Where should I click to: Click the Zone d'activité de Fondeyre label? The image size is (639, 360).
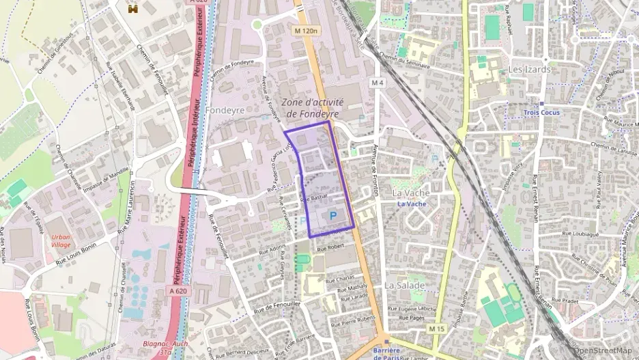coord(312,108)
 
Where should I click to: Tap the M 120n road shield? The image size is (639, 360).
coord(307,31)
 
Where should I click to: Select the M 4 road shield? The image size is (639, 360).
coord(378,83)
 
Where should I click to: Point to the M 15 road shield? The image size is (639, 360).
coord(436,329)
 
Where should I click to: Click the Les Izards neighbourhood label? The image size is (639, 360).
coord(529,70)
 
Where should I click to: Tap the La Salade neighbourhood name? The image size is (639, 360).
coord(405,285)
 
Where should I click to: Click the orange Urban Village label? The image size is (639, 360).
coord(61,240)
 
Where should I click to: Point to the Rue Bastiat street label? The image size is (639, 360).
coord(314,197)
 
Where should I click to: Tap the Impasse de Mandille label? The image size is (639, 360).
coord(107,179)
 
